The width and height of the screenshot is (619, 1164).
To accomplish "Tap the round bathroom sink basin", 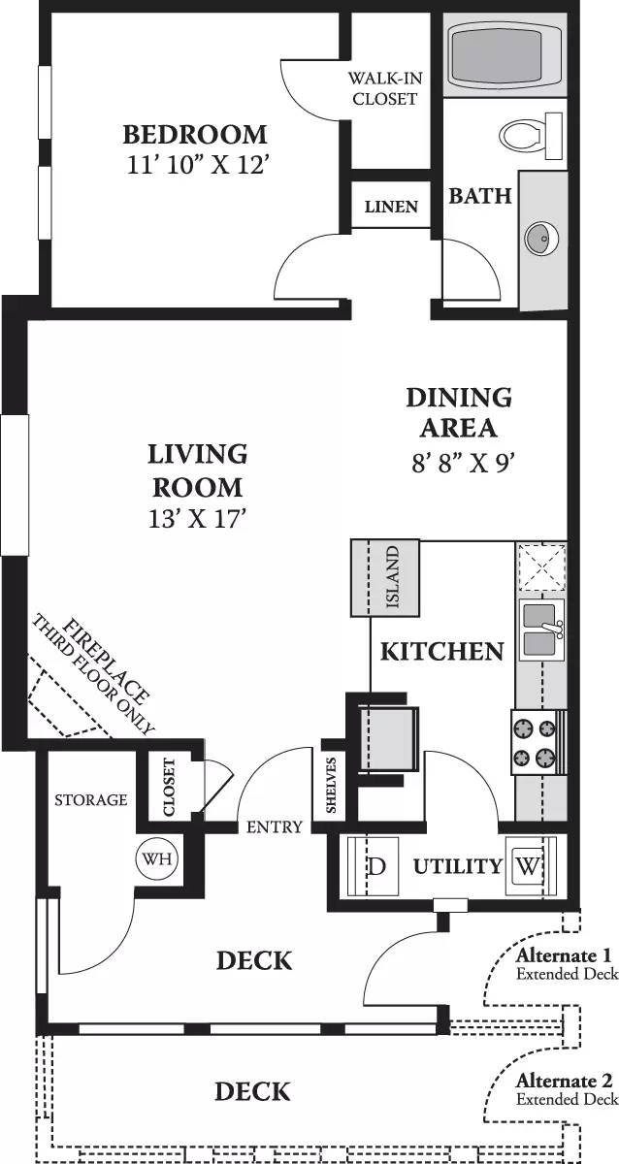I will point(541,236).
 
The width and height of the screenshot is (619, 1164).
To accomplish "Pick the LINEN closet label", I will point(391,207).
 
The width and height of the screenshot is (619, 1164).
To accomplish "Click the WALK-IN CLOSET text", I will point(384,89).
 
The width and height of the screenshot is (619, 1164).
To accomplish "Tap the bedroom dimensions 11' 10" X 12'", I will point(196,166).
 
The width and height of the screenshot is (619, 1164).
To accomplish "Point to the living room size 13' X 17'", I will point(197,518).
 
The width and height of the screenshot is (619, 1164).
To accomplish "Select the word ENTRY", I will point(275,827).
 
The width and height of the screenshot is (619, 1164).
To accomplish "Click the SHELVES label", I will point(332,785).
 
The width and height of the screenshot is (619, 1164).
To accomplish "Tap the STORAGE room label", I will point(90,800).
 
